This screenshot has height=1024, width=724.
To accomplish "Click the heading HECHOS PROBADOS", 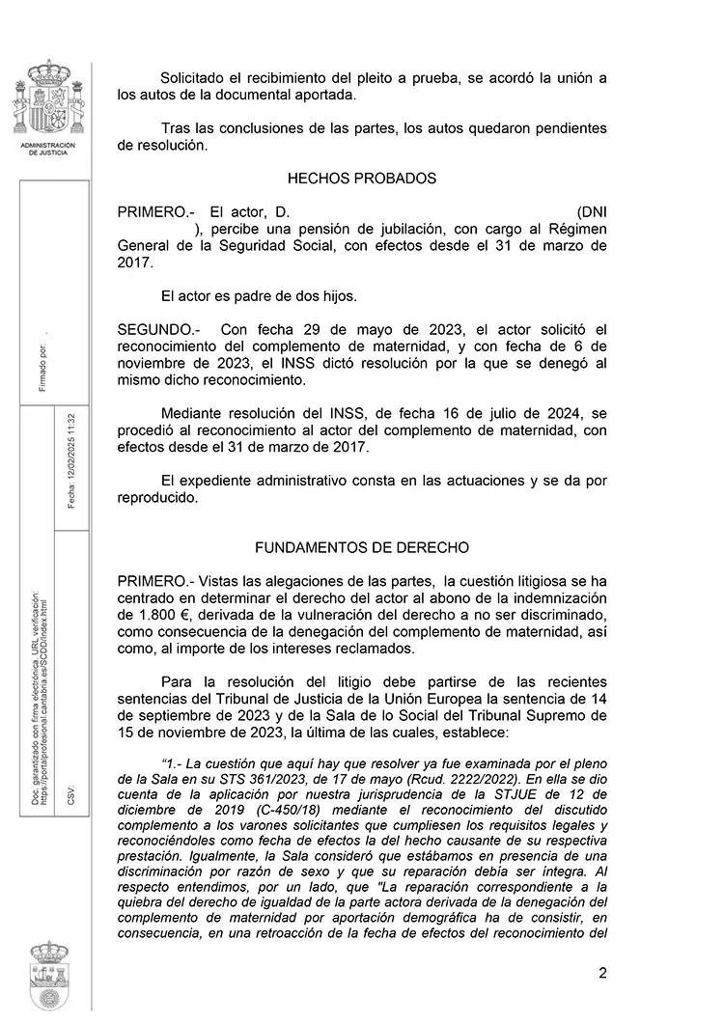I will (362, 179).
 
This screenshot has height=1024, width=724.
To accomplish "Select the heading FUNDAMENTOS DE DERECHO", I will (362, 547).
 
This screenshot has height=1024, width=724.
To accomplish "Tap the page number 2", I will (602, 973).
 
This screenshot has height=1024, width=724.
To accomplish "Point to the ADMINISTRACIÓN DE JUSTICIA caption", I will (48, 149).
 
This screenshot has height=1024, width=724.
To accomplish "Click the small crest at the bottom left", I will (48, 975).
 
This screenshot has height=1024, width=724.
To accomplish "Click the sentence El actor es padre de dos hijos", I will (259, 295).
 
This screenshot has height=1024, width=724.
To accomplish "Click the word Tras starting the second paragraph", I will (177, 128).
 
